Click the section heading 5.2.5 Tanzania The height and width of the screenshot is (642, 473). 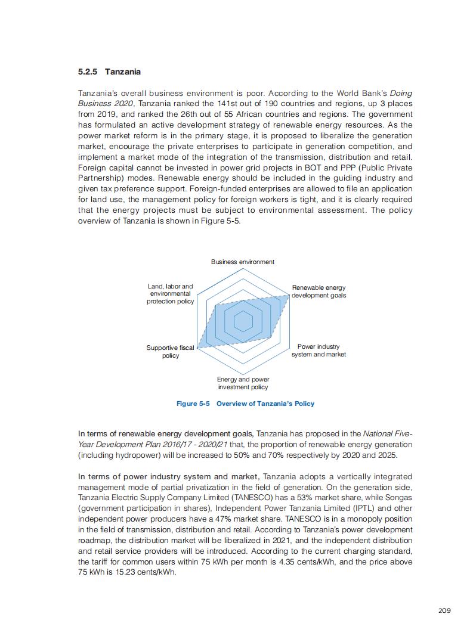coord(109,72)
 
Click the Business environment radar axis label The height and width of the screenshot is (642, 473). coord(243,262)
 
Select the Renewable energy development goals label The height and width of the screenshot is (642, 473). coord(319,291)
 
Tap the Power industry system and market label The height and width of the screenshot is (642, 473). coord(319,351)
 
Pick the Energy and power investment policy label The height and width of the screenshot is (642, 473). coord(243,383)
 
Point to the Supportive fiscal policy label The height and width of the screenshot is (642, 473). coord(171,352)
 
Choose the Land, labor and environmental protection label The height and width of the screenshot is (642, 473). coord(171,294)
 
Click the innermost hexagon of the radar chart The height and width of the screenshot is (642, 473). coord(243,321)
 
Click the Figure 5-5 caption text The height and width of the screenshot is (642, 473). coord(245,404)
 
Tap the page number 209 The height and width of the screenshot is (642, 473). coord(444,610)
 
